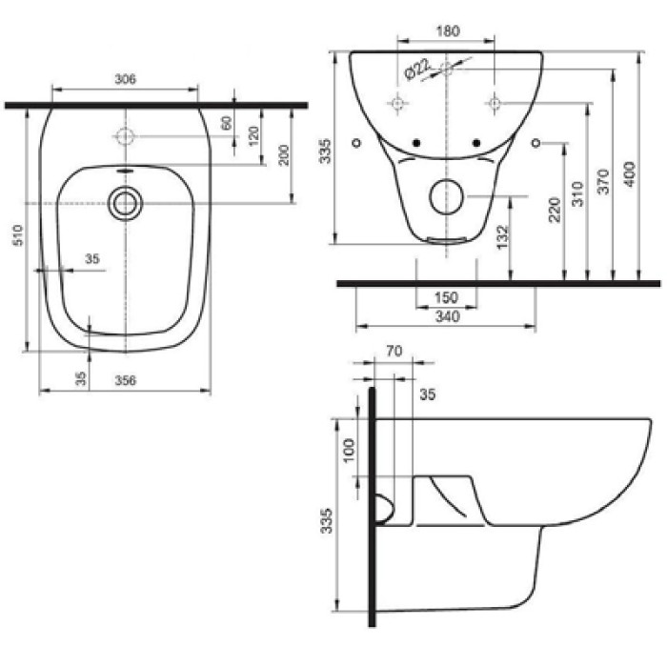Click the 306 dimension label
pos(126,79)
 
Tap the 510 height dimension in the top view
pos(19,235)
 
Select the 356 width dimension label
pos(126,380)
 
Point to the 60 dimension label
pos(227,123)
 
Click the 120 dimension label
pos(253,135)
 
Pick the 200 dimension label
pos(284,154)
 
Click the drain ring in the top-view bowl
pos(125,204)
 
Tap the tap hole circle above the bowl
pos(125,136)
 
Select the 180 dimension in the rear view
pos(448,31)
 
